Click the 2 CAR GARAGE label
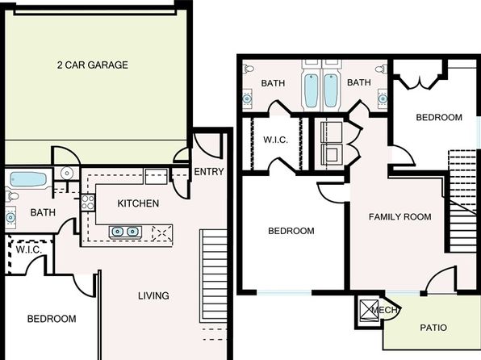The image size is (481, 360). click(92, 65)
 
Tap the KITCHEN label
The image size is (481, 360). click(138, 203)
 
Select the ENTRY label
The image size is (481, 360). click(209, 172)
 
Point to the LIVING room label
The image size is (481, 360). click(153, 295)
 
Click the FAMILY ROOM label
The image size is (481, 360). click(400, 217)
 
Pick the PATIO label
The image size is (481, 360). click(433, 328)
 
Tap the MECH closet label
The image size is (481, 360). click(384, 310)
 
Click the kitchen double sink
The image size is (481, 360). click(125, 232)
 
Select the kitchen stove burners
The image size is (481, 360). click(88, 203)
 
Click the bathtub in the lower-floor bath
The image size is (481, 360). click(27, 179)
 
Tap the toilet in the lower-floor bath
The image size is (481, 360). click(11, 196)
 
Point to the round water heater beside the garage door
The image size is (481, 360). click(66, 173)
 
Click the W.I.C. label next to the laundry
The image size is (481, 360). click(275, 140)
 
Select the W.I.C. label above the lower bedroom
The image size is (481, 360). click(28, 249)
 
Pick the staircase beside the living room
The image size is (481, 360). click(214, 276)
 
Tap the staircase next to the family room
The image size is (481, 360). click(462, 201)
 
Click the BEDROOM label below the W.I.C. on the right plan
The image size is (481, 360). click(291, 231)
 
